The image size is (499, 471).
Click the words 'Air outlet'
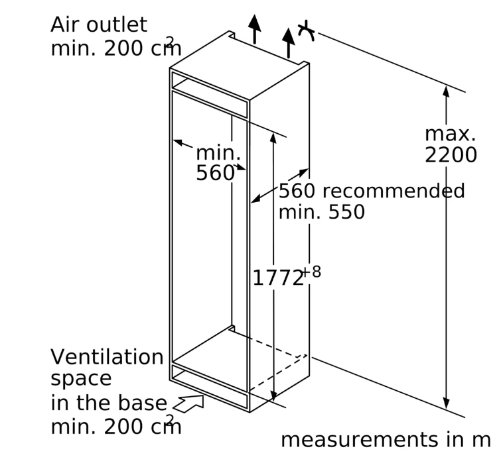pos(98,25)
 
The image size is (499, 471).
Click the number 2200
pos(451,155)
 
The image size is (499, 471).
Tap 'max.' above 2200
pos(450,134)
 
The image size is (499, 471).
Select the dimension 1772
pos(277,278)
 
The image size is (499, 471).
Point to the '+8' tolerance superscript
pos(311,272)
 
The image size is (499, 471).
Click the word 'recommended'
pos(393,191)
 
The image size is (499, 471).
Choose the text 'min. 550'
pos(321,213)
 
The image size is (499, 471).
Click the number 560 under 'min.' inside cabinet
pos(215,174)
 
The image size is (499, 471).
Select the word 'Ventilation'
pos(107,357)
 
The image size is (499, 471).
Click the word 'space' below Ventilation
pos(81,379)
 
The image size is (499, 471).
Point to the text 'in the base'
pos(109,403)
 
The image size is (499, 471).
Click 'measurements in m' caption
pos(385,440)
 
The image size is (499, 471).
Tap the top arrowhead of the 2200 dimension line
pos(446,92)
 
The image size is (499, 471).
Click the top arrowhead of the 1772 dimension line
pos(273,138)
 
